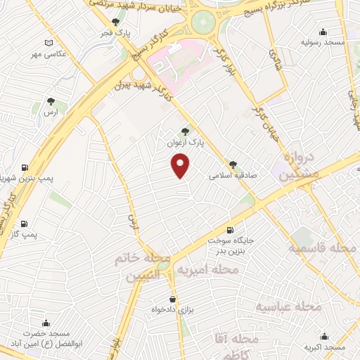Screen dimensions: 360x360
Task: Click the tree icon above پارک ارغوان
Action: tap(185, 130)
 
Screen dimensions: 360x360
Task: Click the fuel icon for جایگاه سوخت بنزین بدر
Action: tap(229, 230)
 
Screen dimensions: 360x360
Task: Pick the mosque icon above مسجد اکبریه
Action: tap(323, 336)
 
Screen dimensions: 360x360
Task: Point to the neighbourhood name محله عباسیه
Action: tap(288, 307)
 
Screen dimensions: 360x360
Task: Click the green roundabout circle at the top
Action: tap(204, 20)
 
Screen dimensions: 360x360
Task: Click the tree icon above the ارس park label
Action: tap(50, 101)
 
